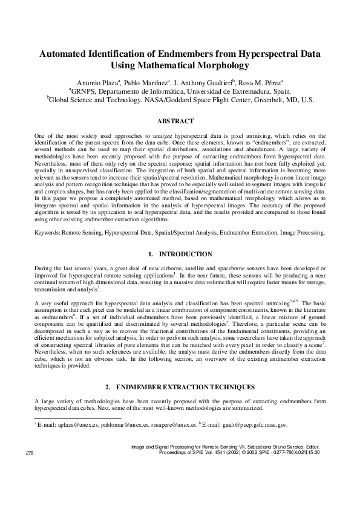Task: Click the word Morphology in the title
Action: [219, 65]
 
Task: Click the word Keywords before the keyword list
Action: [50, 232]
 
